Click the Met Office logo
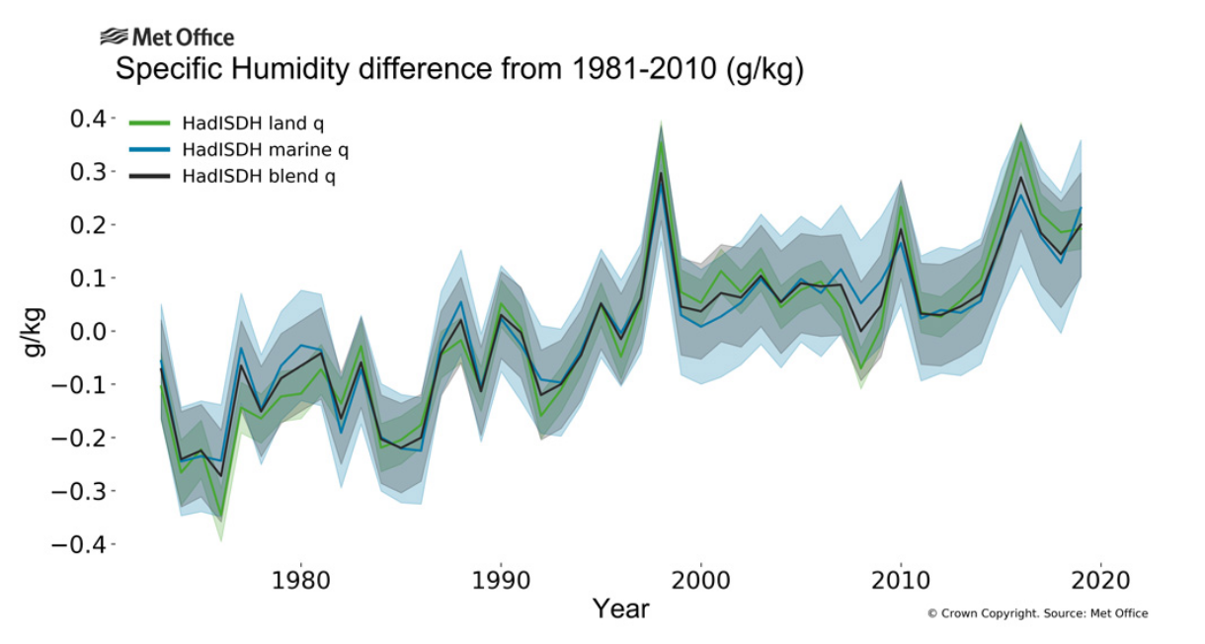pyautogui.click(x=167, y=38)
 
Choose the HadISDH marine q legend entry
pyautogui.click(x=251, y=150)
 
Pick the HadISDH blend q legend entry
pyautogui.click(x=247, y=176)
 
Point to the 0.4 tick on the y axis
pyautogui.click(x=86, y=120)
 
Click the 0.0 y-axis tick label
pyautogui.click(x=86, y=332)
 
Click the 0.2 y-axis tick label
pyautogui.click(x=86, y=225)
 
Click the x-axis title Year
pyautogui.click(x=620, y=608)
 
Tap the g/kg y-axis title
pyautogui.click(x=33, y=332)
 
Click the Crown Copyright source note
pyautogui.click(x=1037, y=613)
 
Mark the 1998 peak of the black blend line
pyautogui.click(x=661, y=173)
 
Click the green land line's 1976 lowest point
pyautogui.click(x=221, y=518)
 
